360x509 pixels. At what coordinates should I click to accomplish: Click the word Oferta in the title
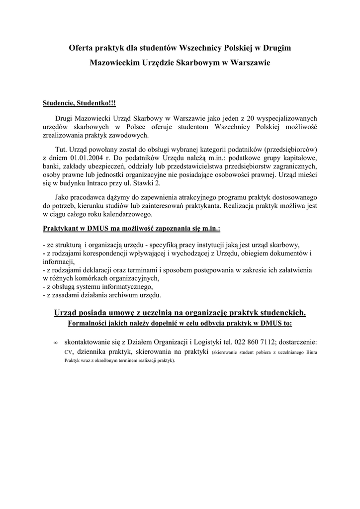(81, 48)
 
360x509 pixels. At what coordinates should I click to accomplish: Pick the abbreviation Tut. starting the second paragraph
(61, 149)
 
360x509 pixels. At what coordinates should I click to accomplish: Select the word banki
(52, 166)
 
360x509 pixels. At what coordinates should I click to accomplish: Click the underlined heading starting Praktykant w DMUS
(132, 229)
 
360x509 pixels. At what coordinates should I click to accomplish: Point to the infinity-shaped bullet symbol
(55, 342)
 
